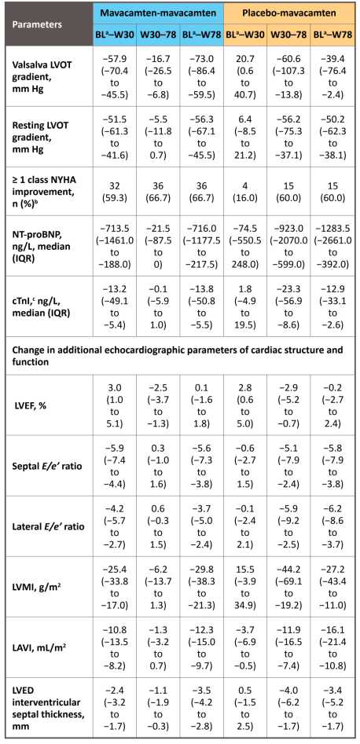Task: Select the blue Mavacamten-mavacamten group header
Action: (158, 13)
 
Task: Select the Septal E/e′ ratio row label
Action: (42, 465)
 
